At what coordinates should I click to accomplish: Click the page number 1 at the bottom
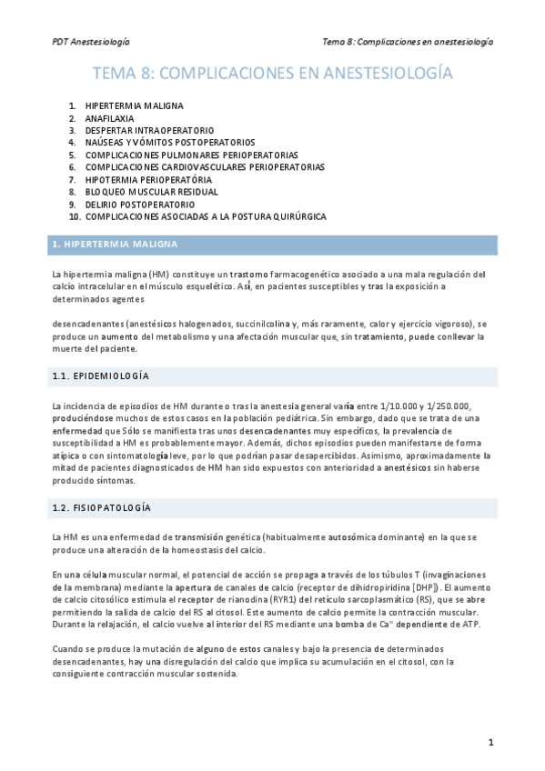coord(490,743)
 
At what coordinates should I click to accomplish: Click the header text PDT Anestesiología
coord(90,42)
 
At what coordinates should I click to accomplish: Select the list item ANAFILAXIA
coord(109,118)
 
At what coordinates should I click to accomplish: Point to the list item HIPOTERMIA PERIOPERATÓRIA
coord(148,180)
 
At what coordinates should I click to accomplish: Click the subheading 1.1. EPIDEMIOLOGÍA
coord(100,375)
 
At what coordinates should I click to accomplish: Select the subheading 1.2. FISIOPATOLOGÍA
coord(101,506)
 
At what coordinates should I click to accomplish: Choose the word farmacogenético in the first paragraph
coord(308,274)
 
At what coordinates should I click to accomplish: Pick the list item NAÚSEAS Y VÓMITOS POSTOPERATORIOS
coord(170,143)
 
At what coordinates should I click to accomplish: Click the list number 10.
coord(75,217)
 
